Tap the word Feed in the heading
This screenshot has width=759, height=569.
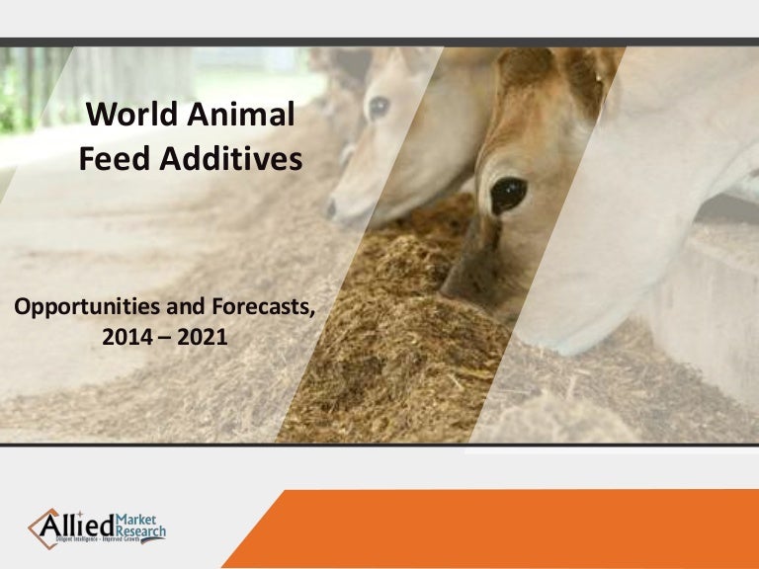pos(112,158)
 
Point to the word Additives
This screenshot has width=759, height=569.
pos(228,158)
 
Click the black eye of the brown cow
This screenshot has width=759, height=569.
pos(508,194)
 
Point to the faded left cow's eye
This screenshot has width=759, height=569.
pos(379,107)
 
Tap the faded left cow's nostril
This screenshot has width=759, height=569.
pos(332,208)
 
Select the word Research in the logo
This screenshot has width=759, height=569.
pos(144,531)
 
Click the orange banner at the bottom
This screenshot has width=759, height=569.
pos(514,528)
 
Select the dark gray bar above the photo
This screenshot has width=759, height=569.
pos(379,41)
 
